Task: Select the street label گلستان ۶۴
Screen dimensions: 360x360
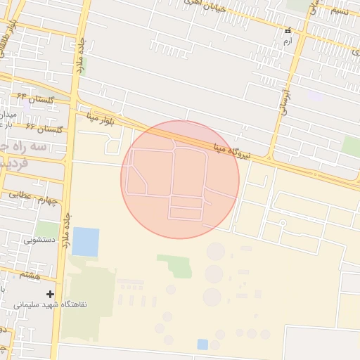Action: (x=36, y=98)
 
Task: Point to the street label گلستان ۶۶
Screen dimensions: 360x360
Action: (x=44, y=127)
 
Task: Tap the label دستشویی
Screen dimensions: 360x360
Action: (x=39, y=239)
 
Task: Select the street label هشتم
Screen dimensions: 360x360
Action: (x=30, y=274)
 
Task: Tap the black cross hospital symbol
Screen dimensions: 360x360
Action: (x=49, y=293)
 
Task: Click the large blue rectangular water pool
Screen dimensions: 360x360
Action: (x=86, y=242)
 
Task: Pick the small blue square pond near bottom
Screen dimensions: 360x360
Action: (x=202, y=344)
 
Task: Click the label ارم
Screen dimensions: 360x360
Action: (x=287, y=42)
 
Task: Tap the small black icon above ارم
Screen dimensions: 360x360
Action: (x=288, y=31)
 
